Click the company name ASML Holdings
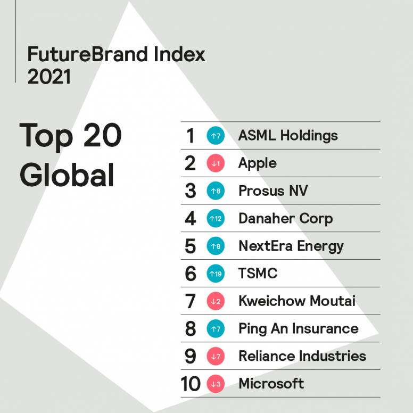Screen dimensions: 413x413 coord(288,136)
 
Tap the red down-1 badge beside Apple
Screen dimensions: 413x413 coord(216,163)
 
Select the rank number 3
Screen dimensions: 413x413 coord(191,191)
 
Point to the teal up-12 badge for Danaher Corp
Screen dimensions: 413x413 coord(216,219)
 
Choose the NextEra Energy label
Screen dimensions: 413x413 coord(291,246)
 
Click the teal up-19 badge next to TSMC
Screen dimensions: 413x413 coord(216,274)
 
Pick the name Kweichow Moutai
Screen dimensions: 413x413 coord(296,301)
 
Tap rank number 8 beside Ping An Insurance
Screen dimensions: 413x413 coord(191,329)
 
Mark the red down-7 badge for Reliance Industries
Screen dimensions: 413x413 coord(216,357)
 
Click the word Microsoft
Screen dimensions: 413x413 coord(271,384)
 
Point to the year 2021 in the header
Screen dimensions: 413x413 coord(48,77)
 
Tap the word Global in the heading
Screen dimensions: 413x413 coord(67,175)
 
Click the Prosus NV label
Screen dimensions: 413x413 coord(273,191)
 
